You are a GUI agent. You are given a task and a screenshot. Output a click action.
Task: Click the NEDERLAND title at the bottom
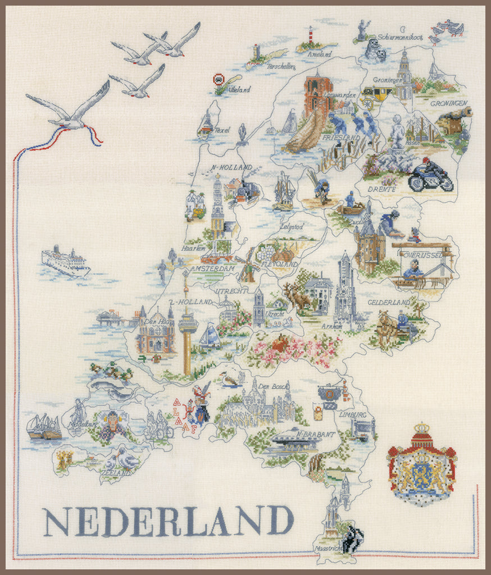point(169,521)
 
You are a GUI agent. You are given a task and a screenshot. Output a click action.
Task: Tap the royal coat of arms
point(421,463)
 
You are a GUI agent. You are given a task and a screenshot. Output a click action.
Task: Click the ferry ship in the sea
point(65,261)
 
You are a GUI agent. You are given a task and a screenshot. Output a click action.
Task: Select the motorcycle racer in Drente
point(430,175)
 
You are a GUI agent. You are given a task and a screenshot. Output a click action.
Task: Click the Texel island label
point(222,130)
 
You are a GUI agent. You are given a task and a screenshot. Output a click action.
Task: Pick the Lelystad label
point(292,227)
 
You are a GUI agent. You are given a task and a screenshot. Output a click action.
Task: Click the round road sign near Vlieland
point(219,79)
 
